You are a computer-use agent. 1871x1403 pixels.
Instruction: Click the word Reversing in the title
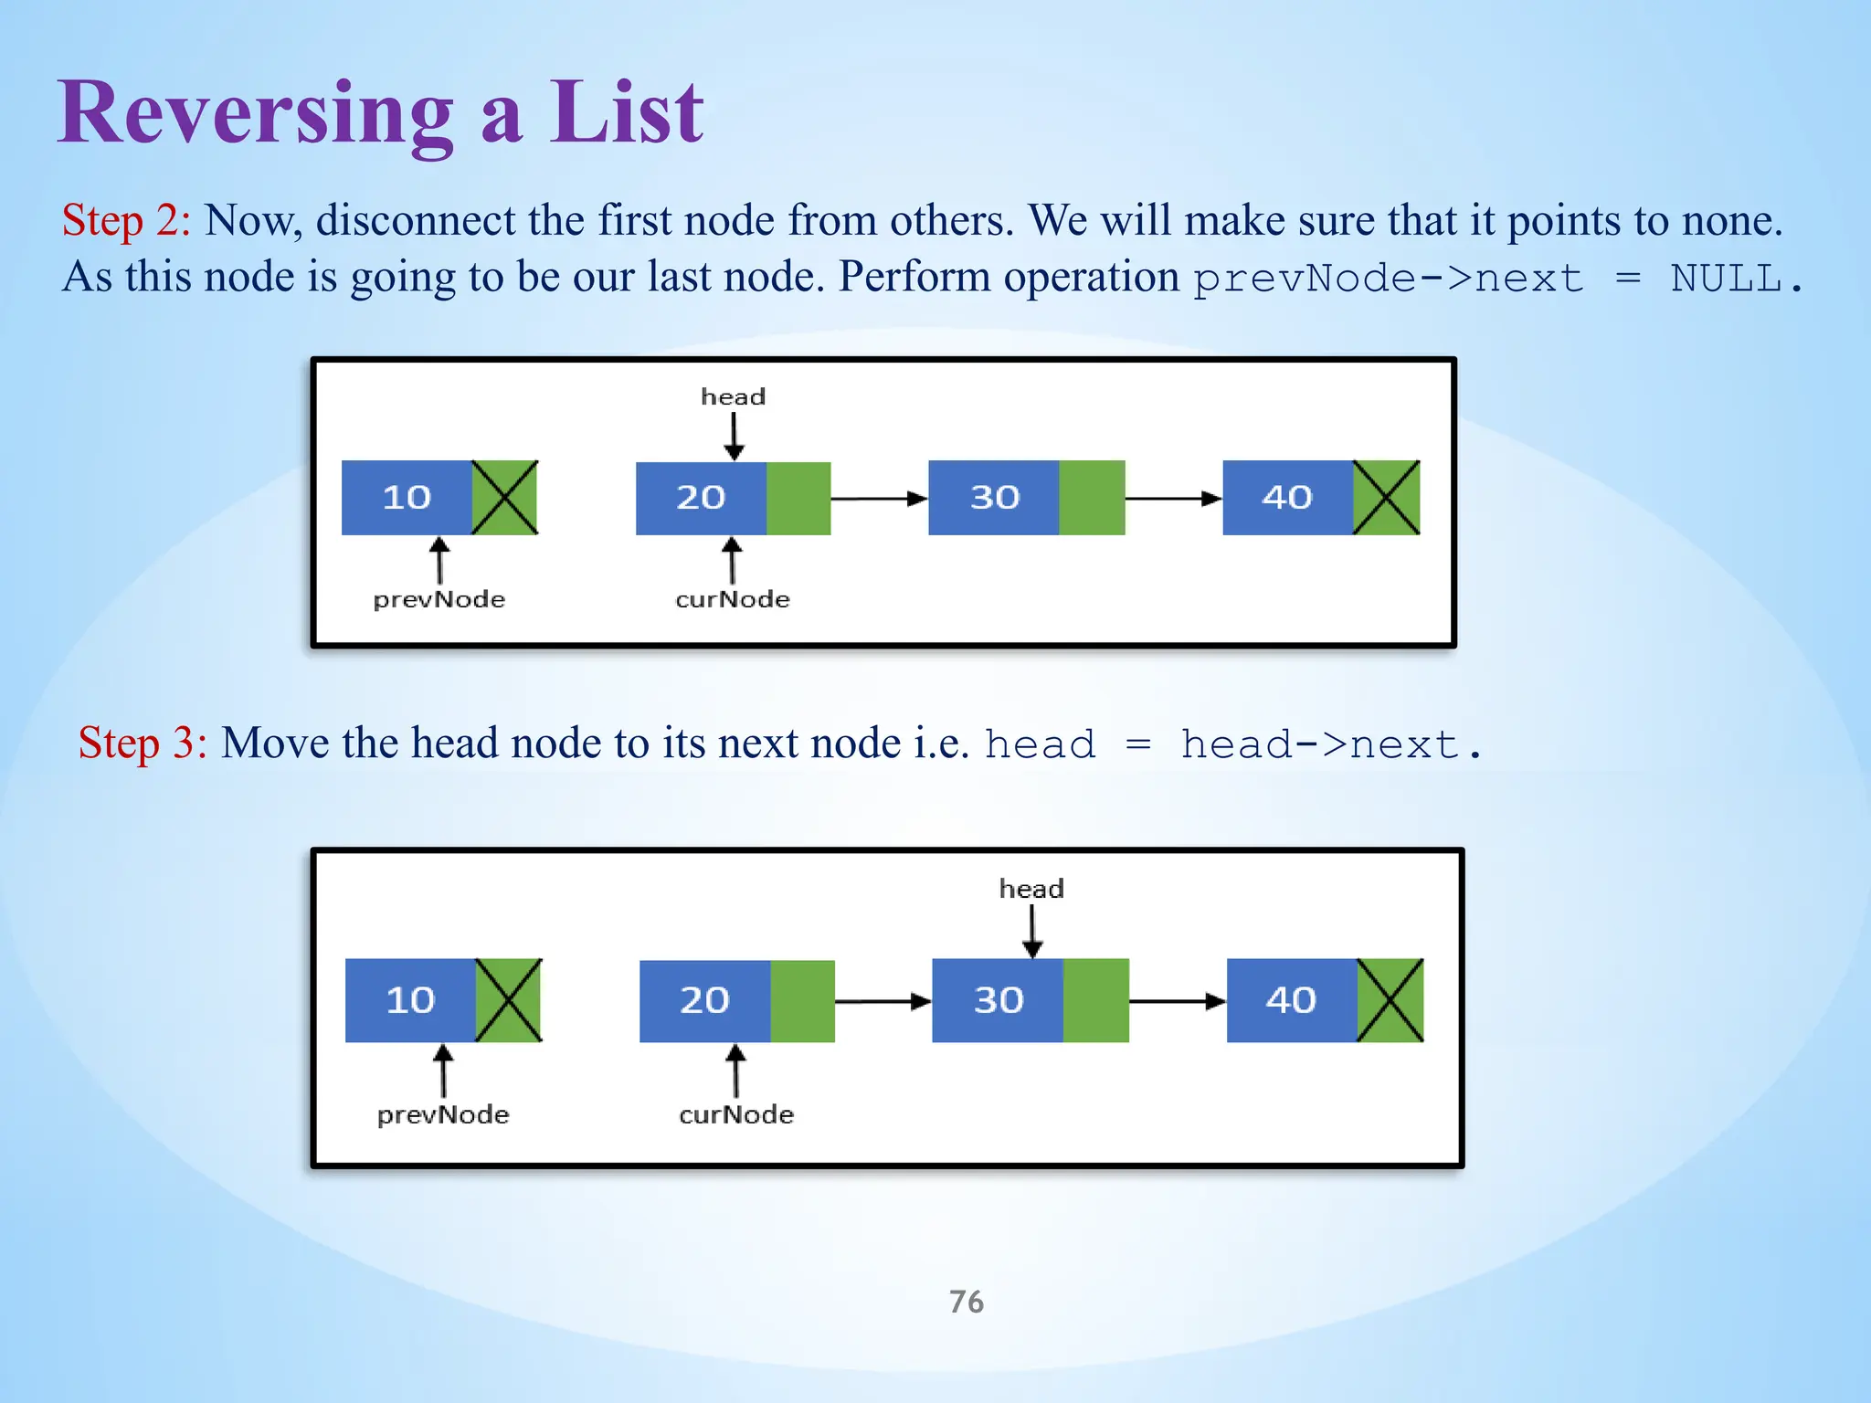[x=256, y=114]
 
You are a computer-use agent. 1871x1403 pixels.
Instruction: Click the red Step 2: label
[x=126, y=221]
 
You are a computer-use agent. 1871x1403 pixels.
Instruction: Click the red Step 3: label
[x=143, y=743]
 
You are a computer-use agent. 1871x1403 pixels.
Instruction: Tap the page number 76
[x=966, y=1301]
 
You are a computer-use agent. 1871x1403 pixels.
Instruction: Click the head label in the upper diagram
[x=733, y=396]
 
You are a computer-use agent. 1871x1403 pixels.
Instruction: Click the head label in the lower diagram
[x=1031, y=889]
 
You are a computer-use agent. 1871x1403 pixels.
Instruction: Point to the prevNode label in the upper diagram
[x=439, y=599]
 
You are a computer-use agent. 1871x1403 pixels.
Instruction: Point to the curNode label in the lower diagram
[x=736, y=1114]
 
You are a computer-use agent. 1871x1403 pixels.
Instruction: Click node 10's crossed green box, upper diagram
[x=504, y=498]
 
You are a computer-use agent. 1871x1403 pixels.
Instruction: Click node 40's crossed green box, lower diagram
[x=1390, y=1000]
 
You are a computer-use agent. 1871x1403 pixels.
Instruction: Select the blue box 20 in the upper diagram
[x=701, y=498]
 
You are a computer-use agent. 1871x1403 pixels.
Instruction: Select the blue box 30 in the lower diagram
[x=998, y=1000]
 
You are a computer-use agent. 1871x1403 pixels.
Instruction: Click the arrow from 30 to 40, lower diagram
[x=1177, y=1001]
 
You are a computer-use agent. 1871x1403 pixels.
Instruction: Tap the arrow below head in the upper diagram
[x=734, y=436]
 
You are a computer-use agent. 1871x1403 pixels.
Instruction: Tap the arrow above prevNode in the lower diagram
[x=443, y=1071]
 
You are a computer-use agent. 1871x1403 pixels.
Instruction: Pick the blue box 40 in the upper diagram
[x=1287, y=498]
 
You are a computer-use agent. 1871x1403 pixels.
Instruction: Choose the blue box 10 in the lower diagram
[x=410, y=1000]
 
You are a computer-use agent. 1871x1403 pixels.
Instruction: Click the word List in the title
[x=626, y=114]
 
